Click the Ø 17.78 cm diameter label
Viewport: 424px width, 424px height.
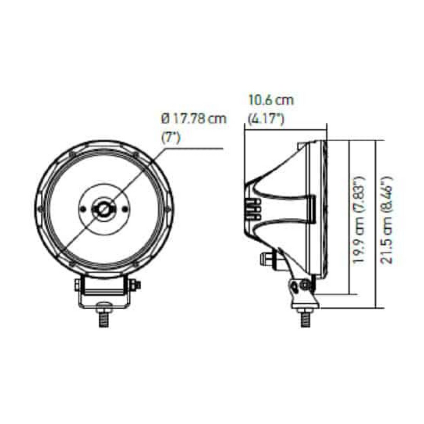coord(193,119)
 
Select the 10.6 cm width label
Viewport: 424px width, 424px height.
coord(270,100)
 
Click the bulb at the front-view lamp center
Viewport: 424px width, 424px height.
coord(104,209)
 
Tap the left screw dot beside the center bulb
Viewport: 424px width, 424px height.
coord(85,209)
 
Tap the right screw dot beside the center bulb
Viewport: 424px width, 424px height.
coord(123,209)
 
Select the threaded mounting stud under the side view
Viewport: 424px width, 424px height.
coord(305,316)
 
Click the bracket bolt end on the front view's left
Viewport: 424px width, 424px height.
coord(77,285)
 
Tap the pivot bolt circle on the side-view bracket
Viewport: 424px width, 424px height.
coord(305,286)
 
